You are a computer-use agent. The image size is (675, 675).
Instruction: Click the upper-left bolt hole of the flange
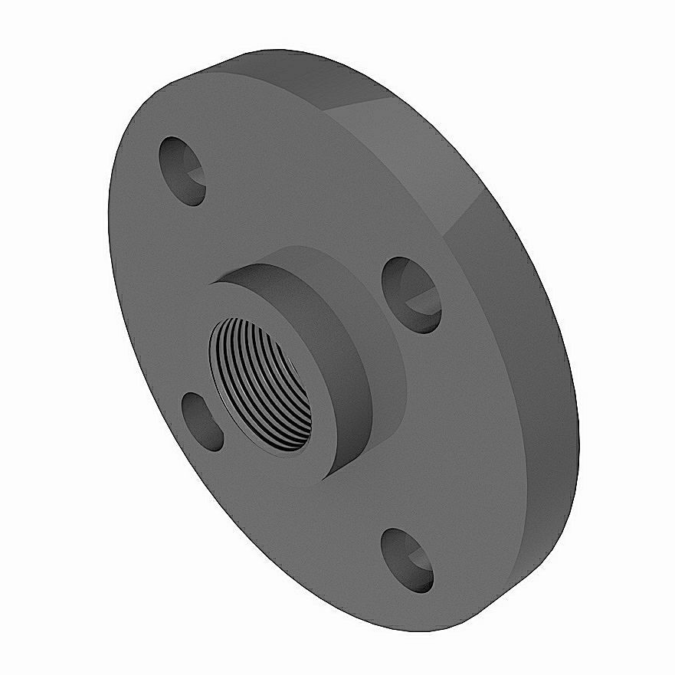coord(182,170)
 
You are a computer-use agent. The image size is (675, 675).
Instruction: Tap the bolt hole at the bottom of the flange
coord(407,559)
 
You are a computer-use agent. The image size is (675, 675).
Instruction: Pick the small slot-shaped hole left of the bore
coord(202,420)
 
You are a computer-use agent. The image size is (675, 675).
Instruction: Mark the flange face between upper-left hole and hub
coord(230,222)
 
